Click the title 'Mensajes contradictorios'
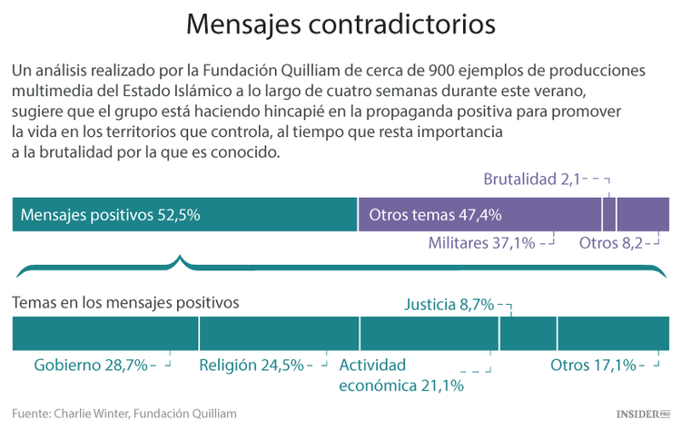[340, 24]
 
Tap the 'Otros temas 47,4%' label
[435, 215]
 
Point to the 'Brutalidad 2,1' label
[531, 179]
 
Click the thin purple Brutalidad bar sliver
[609, 215]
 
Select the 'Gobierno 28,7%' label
[90, 366]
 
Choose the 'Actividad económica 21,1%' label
[400, 375]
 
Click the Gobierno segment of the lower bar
[105, 334]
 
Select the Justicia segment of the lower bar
[528, 334]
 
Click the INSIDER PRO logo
[642, 414]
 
